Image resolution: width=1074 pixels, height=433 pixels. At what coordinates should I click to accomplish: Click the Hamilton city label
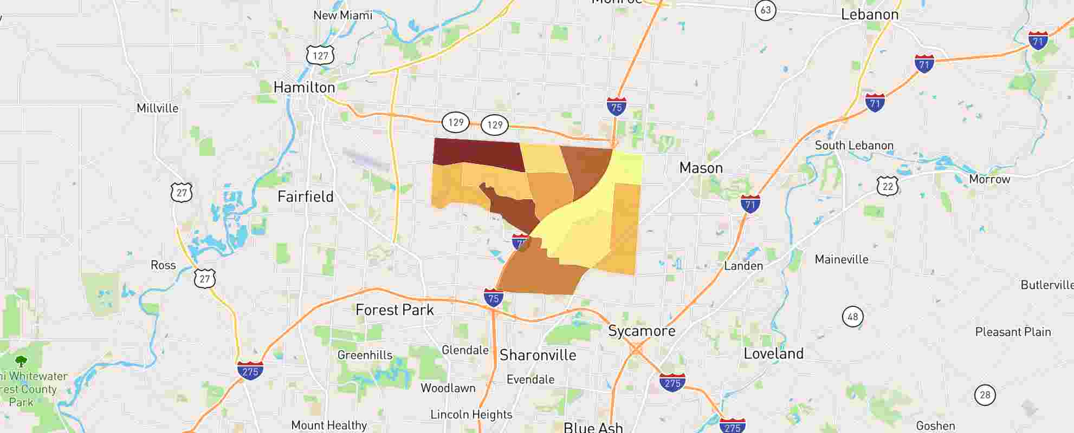pos(304,87)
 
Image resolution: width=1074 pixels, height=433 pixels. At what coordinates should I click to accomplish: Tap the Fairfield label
pos(305,196)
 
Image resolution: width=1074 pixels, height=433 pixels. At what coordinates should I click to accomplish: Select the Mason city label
pos(701,168)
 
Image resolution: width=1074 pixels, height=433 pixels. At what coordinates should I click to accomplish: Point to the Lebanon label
pos(869,15)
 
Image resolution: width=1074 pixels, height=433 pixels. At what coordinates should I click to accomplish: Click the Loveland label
pos(773,354)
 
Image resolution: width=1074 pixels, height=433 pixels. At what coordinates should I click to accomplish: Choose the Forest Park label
pos(394,310)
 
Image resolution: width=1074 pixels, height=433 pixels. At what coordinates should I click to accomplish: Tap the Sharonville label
pos(538,355)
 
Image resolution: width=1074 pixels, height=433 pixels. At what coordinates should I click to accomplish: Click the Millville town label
pos(157,108)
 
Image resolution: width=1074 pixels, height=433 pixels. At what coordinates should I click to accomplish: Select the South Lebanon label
pos(854,146)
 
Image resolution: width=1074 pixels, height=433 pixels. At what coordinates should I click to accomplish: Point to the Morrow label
pos(989,179)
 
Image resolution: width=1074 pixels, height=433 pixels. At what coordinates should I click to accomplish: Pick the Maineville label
pos(842,260)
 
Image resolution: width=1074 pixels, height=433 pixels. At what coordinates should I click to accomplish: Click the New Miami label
pos(342,15)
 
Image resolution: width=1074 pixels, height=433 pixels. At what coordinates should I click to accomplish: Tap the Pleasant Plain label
pos(1013,332)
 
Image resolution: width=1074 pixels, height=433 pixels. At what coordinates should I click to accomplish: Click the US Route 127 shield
pos(320,56)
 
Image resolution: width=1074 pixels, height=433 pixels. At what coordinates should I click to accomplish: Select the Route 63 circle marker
pos(765,10)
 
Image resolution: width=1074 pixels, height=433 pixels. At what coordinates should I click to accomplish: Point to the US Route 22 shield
pos(887,186)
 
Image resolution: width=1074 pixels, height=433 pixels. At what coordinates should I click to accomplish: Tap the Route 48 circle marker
pos(852,317)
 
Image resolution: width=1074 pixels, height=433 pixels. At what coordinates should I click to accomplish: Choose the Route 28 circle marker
pos(985,395)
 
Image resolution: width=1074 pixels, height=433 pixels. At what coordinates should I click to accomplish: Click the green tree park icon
pos(21,361)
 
